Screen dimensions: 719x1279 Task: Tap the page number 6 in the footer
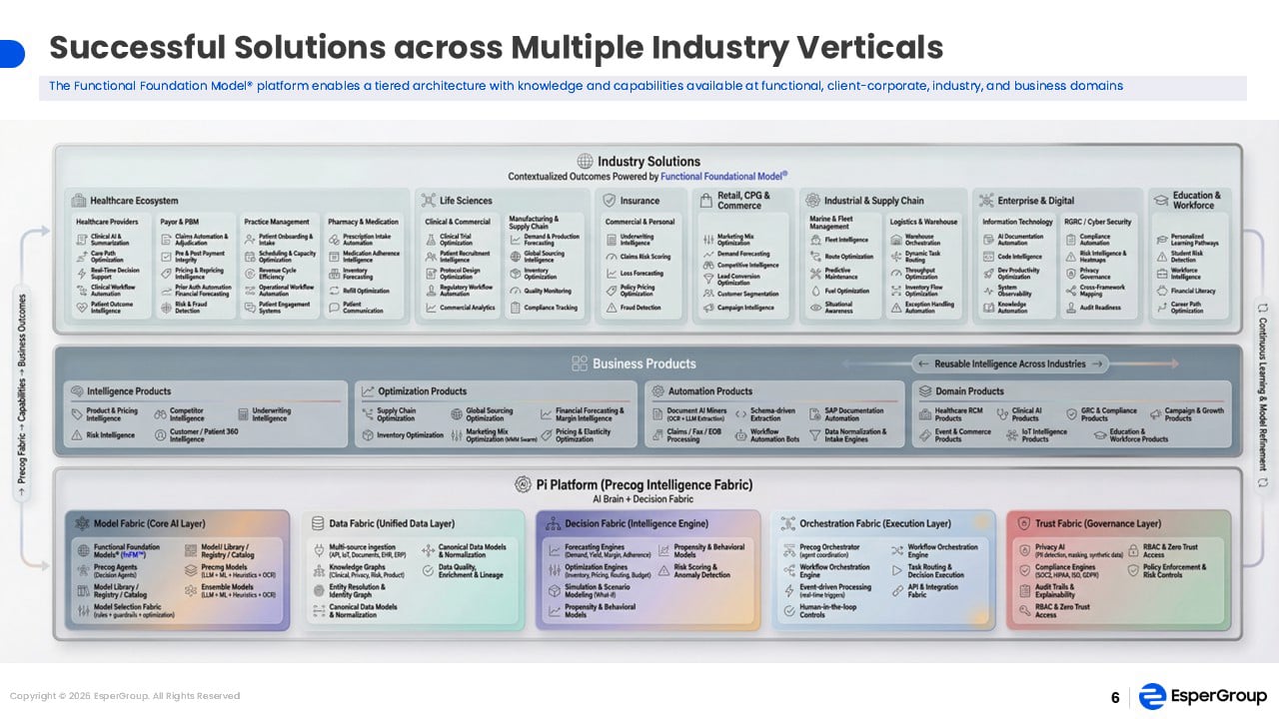click(x=1115, y=698)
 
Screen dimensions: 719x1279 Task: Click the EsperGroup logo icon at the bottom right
click(x=1152, y=696)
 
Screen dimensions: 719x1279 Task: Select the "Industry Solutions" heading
click(x=648, y=162)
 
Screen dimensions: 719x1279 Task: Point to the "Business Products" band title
click(x=643, y=363)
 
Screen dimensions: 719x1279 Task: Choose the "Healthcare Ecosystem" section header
click(x=134, y=201)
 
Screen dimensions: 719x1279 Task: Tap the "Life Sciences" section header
click(x=466, y=201)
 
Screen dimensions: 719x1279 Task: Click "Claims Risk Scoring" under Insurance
click(x=644, y=257)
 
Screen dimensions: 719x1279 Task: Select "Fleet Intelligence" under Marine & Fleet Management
click(x=846, y=240)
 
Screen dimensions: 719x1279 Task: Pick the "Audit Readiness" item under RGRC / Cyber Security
click(x=1100, y=308)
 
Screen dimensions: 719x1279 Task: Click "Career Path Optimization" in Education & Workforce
click(x=1187, y=308)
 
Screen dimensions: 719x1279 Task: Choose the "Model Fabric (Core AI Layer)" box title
click(x=148, y=523)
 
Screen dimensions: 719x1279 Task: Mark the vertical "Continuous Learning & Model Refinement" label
click(x=1262, y=396)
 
